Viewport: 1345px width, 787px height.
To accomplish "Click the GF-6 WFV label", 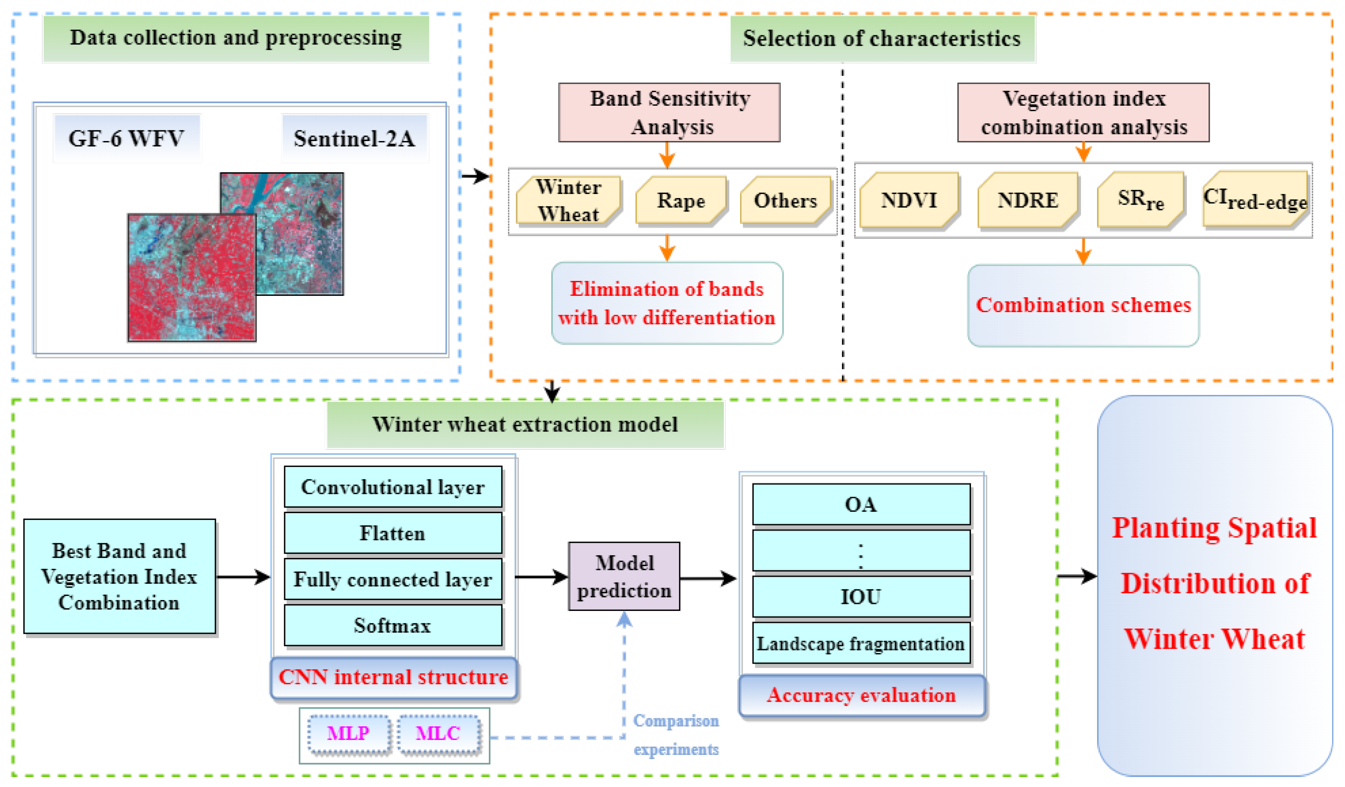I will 127,138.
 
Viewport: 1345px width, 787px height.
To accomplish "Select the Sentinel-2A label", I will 355,138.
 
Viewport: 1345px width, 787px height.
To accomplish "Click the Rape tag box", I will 681,200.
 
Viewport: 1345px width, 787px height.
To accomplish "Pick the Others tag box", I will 785,200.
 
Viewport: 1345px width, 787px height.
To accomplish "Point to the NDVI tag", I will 909,200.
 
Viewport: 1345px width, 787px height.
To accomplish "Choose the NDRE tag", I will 1028,200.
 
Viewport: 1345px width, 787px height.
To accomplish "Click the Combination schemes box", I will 1083,305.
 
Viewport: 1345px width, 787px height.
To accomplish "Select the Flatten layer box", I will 393,533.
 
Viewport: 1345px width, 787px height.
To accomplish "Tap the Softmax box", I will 393,625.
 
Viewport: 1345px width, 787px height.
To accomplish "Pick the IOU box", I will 861,596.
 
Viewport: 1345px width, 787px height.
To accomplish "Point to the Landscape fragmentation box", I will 861,643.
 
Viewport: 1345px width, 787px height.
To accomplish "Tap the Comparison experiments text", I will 676,735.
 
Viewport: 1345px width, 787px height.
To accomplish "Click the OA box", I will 861,504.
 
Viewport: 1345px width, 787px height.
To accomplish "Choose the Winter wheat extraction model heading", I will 525,425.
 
